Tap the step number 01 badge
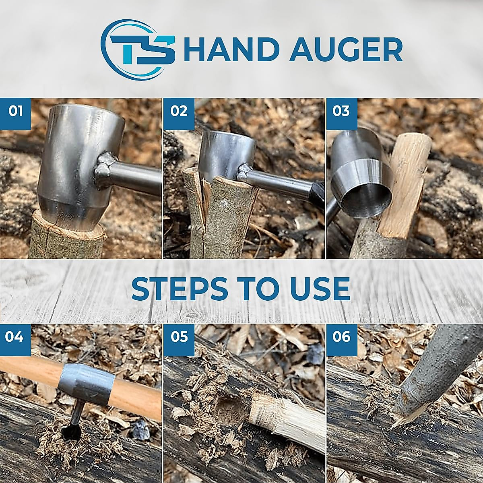[x=15, y=110]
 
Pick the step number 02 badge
[x=178, y=110]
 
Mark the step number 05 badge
[x=178, y=336]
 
